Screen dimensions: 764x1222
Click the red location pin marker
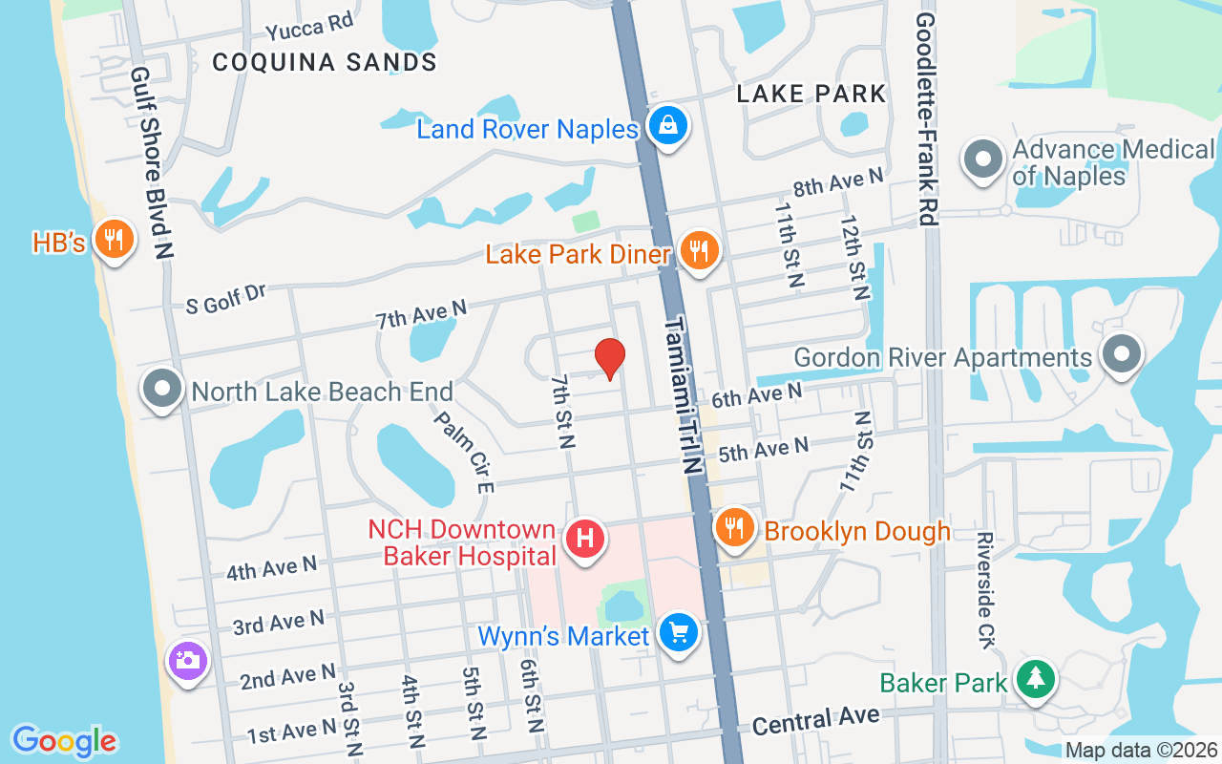click(x=609, y=358)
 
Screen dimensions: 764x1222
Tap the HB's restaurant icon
click(x=115, y=239)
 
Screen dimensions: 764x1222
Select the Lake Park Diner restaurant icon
click(x=700, y=251)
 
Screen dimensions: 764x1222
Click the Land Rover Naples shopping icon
click(x=668, y=124)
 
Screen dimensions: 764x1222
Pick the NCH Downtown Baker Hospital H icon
click(x=586, y=539)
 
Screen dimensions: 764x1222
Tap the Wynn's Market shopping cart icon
click(x=678, y=632)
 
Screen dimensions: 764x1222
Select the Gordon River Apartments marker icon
click(x=1122, y=353)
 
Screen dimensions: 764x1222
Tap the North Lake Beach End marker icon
click(x=162, y=389)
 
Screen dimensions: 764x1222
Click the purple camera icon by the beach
click(x=187, y=660)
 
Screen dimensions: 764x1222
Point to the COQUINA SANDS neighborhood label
click(x=325, y=63)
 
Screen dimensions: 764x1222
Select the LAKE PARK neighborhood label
click(x=811, y=94)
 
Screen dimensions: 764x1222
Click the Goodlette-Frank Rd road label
click(x=924, y=119)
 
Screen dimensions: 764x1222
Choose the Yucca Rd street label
click(x=309, y=27)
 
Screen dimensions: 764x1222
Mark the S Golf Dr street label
click(x=226, y=300)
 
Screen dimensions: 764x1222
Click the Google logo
click(x=64, y=741)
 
